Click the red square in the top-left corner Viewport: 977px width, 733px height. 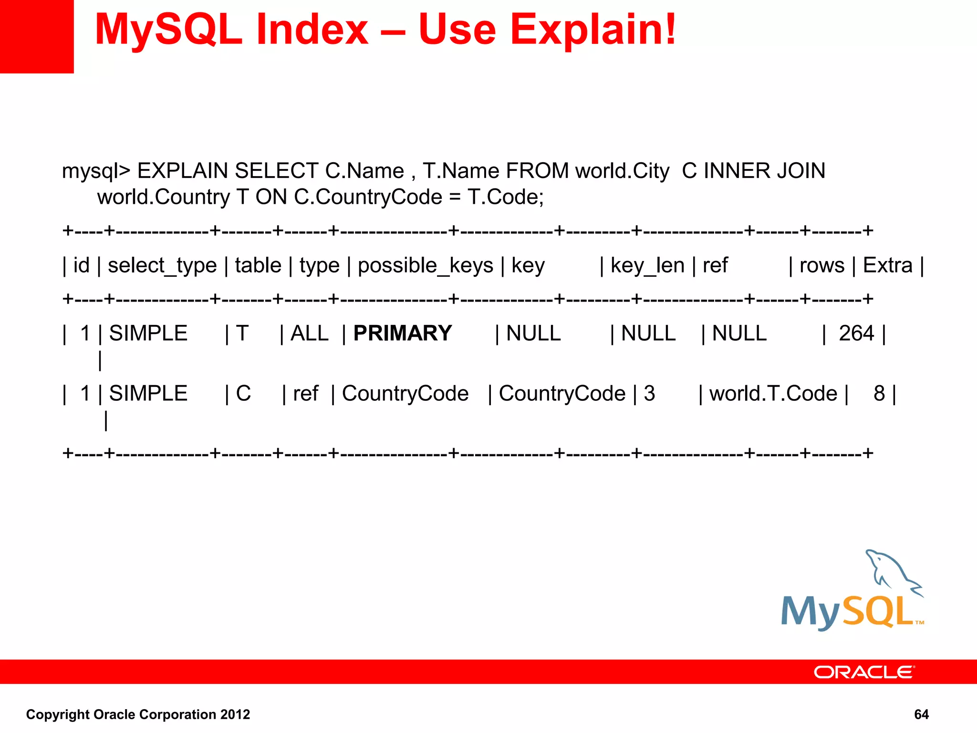click(x=37, y=36)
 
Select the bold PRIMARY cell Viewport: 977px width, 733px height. click(x=402, y=333)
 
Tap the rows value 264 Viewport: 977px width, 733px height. click(x=856, y=333)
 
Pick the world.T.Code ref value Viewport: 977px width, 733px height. click(x=773, y=394)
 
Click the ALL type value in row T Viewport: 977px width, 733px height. click(x=310, y=333)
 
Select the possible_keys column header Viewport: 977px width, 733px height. click(x=425, y=265)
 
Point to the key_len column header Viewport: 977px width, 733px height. click(x=647, y=265)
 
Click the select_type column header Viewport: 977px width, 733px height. click(x=162, y=265)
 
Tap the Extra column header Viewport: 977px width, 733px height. click(x=887, y=265)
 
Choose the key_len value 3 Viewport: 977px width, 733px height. click(x=649, y=394)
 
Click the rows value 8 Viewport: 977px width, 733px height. click(x=879, y=394)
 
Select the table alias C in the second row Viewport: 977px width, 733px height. click(x=243, y=394)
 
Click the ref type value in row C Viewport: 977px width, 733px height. click(x=305, y=394)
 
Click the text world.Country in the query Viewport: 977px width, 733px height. click(x=163, y=197)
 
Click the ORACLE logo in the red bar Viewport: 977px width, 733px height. click(x=864, y=672)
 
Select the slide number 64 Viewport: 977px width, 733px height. click(x=921, y=714)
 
